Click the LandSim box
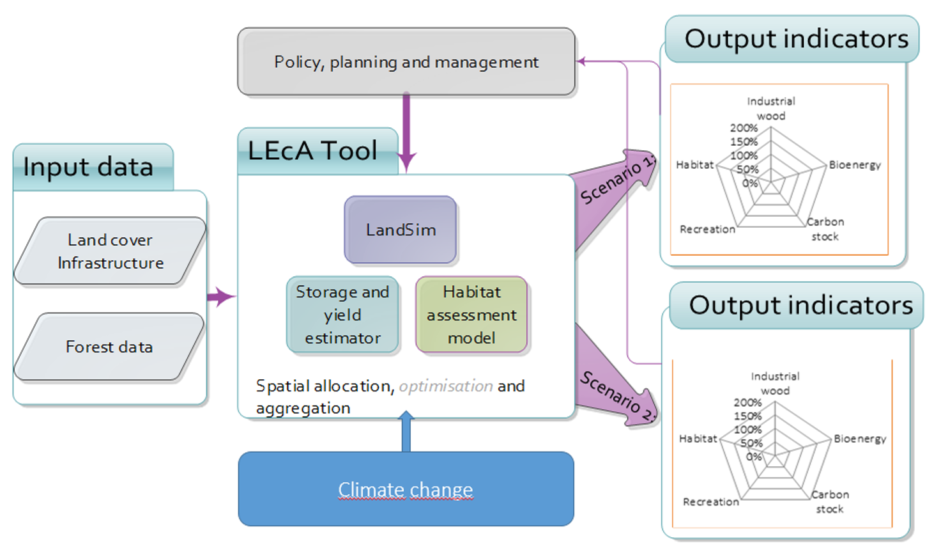[401, 230]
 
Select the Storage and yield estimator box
[342, 315]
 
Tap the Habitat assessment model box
[471, 315]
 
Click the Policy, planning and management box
[406, 62]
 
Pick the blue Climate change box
[406, 489]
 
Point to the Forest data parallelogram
[109, 347]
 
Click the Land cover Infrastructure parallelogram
[110, 251]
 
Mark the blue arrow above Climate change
[406, 432]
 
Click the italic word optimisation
[446, 386]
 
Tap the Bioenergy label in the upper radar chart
[855, 165]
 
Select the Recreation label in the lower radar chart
[710, 502]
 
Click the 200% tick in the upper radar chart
[744, 128]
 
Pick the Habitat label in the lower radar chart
[698, 439]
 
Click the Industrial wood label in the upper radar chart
[771, 108]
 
